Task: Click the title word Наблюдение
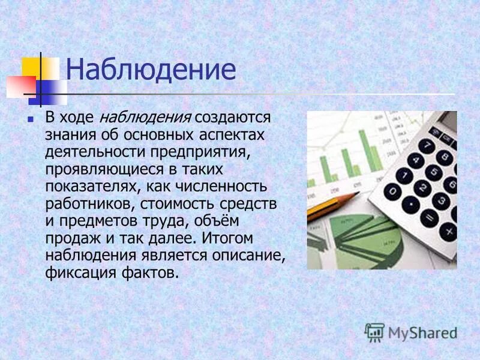pos(150,70)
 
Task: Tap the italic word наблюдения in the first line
pos(145,116)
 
